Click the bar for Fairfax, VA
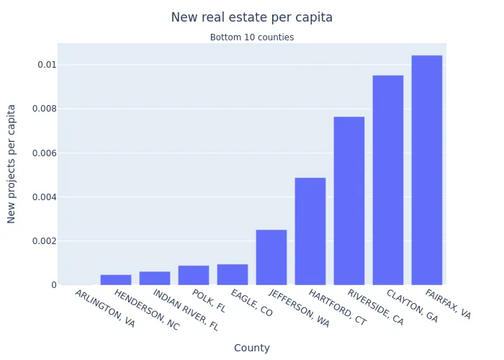coord(427,170)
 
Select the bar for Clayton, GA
coord(388,180)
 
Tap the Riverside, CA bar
coord(349,200)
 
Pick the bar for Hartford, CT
coord(310,231)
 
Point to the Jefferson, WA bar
coord(271,257)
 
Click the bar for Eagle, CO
coord(233,274)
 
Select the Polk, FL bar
coord(194,275)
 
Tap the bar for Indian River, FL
coord(155,278)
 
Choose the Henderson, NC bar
coord(116,279)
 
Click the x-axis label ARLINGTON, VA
coord(105,308)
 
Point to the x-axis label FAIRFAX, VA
coord(448,305)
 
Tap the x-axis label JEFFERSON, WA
coord(299,309)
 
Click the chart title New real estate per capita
coord(252,17)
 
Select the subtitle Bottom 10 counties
coord(252,37)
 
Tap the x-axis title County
coord(252,348)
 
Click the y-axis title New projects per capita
coord(12,163)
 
